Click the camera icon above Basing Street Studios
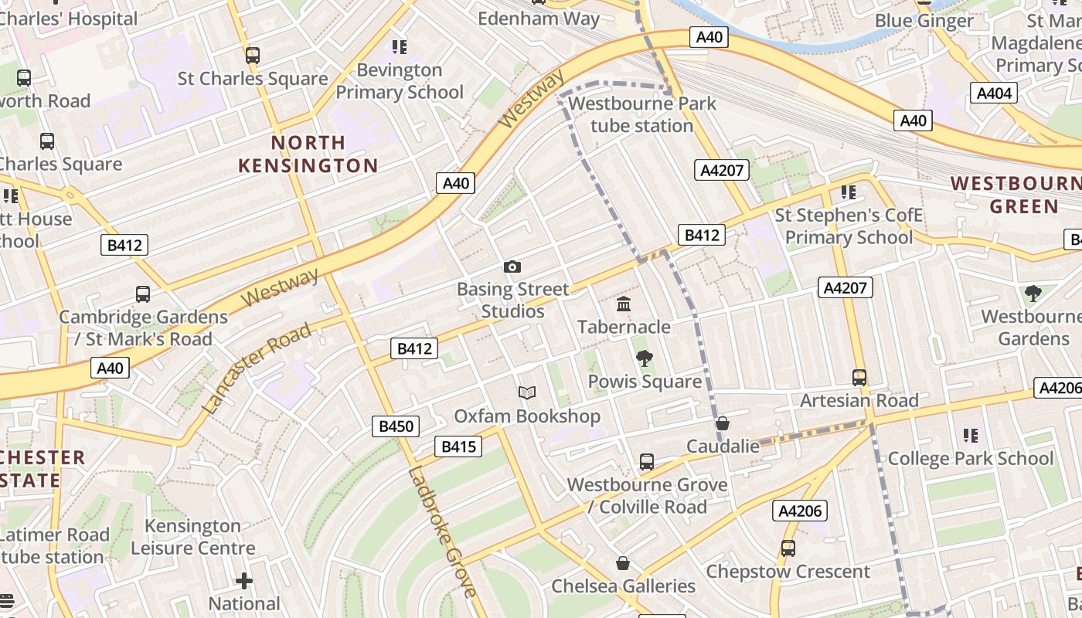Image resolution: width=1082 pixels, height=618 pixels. [x=512, y=267]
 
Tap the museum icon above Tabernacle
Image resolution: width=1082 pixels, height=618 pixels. [x=624, y=304]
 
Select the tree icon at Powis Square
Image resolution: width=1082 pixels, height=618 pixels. [x=644, y=358]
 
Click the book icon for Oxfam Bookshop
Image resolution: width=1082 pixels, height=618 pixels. [x=527, y=393]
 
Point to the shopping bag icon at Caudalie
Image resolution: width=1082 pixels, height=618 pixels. [x=723, y=423]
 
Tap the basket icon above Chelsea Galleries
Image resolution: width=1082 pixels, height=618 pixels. [x=623, y=564]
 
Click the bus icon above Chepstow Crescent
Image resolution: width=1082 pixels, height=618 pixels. [x=788, y=548]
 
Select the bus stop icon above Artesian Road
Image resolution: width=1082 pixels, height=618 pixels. [x=859, y=378]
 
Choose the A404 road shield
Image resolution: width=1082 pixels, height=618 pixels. [x=994, y=93]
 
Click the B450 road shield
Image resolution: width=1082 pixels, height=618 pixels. [x=396, y=426]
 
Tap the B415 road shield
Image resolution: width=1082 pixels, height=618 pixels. [x=458, y=446]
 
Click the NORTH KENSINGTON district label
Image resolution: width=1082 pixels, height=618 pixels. [x=308, y=154]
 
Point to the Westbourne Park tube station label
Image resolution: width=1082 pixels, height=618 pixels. [x=641, y=114]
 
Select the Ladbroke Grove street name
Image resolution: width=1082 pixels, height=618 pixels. [x=441, y=533]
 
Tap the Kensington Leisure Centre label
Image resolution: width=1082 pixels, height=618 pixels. [x=192, y=537]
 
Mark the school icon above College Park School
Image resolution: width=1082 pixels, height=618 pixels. [x=971, y=436]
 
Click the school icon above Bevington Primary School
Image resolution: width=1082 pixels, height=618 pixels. [x=399, y=47]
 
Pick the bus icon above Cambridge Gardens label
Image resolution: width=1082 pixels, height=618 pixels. [x=143, y=294]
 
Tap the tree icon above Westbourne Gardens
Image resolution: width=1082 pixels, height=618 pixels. [x=1033, y=294]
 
